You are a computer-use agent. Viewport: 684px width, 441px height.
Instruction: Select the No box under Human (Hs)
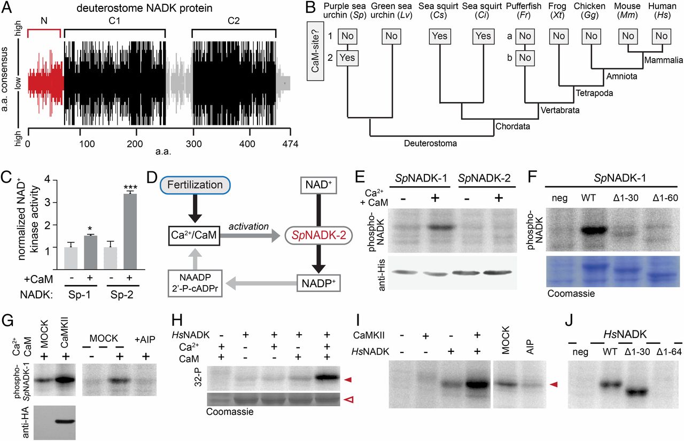[662, 36]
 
